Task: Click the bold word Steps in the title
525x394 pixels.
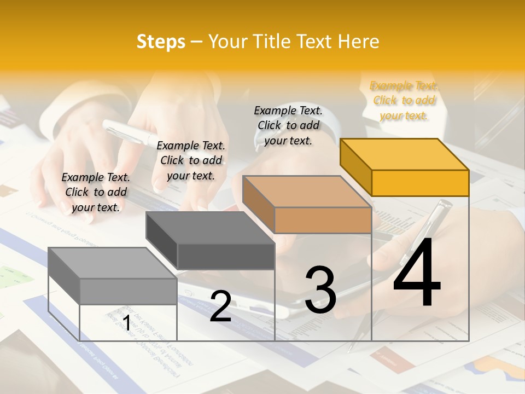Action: pos(161,42)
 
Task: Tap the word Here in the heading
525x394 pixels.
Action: pos(359,42)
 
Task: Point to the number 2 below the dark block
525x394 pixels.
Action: pos(220,306)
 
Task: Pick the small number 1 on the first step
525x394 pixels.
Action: pos(126,323)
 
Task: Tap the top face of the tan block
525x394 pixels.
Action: pos(306,192)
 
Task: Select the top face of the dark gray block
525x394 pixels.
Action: pos(209,228)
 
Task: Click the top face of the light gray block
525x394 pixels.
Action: pos(112,263)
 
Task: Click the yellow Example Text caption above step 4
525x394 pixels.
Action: pos(404,101)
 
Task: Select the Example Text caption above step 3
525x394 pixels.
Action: pos(288,125)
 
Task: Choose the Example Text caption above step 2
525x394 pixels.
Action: pos(191,160)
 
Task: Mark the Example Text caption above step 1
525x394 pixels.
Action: pos(96,192)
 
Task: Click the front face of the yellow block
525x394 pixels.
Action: pos(420,183)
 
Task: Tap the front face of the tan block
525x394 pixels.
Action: pos(323,221)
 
